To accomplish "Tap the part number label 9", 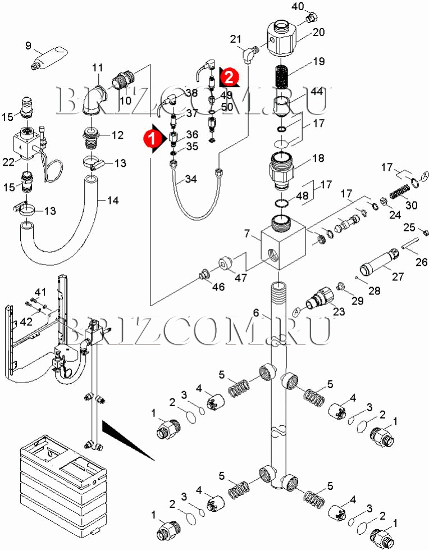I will tap(29, 46).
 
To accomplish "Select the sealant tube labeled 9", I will tap(49, 61).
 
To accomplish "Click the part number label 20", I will tap(318, 32).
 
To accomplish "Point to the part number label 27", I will tap(398, 276).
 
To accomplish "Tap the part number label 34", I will tap(191, 179).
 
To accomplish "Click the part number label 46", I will tap(218, 287).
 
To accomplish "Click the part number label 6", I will tap(255, 313).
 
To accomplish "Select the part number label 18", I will tap(318, 159).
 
